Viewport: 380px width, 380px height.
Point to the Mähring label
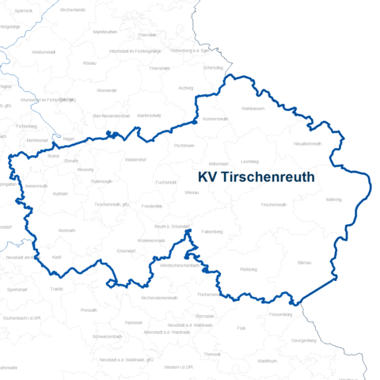click(334, 199)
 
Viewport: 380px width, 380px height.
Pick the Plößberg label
click(249, 269)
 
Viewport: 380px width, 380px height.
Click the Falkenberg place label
click(212, 231)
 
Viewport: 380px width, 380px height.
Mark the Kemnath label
click(66, 230)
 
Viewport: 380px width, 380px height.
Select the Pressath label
click(89, 310)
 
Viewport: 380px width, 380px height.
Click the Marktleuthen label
click(105, 32)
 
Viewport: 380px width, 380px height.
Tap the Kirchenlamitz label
click(73, 9)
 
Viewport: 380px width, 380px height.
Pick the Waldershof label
click(135, 160)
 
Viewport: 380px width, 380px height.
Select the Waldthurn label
click(267, 361)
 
